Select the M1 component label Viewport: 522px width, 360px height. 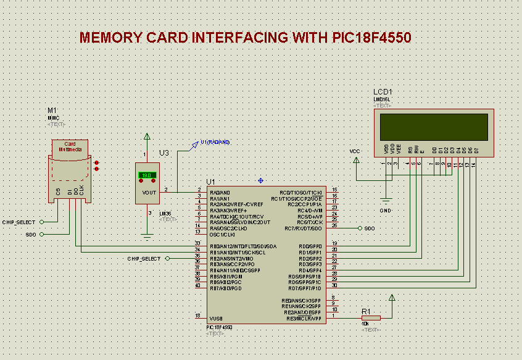[x=52, y=111]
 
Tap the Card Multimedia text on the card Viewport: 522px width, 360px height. [x=70, y=146]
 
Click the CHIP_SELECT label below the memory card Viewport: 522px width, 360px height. [x=19, y=222]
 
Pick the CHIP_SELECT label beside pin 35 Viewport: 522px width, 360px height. [x=144, y=258]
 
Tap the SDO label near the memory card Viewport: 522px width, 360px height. [x=30, y=235]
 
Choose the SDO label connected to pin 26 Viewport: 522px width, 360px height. [x=370, y=228]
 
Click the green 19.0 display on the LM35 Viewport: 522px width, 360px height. [x=147, y=175]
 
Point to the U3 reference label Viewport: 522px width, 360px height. [x=164, y=153]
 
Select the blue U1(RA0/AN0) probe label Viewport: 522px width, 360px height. [x=215, y=142]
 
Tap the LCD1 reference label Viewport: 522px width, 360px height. [x=383, y=92]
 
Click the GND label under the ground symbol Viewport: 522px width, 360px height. [x=386, y=211]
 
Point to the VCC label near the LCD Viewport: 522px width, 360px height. [x=354, y=151]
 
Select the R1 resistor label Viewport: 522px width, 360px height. [x=365, y=311]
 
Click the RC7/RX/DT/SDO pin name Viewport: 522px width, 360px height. [x=301, y=228]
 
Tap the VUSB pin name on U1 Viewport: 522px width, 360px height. [x=216, y=318]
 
